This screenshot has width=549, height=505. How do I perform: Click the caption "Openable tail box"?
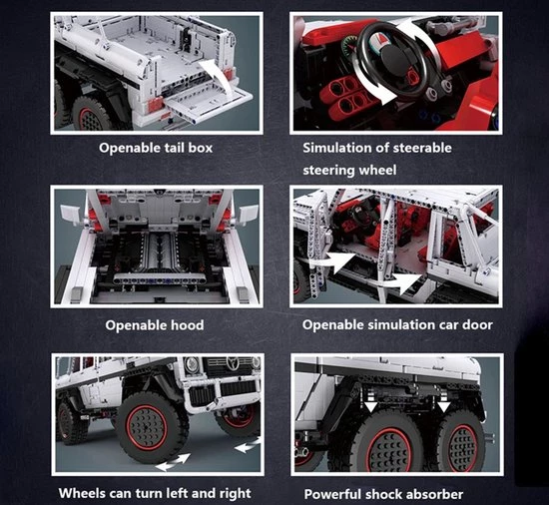pos(156,148)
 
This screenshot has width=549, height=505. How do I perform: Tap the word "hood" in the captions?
pos(187,325)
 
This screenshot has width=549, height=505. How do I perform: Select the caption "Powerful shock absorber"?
pos(383,494)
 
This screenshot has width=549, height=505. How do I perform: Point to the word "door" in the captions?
pos(477,324)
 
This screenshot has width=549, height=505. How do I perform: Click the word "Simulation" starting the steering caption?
pos(336,148)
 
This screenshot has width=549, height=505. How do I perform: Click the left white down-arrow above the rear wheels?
pos(370,406)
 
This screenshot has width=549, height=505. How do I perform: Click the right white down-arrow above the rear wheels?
pos(444,406)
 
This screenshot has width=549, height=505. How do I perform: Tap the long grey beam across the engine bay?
pos(161,278)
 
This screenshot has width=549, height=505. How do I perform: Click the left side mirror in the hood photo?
pos(72,213)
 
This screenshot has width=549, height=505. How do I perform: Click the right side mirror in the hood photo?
pos(248,214)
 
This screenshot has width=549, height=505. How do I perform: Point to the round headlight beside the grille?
pos(192,364)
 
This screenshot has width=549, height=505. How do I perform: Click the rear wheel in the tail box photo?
pos(90,114)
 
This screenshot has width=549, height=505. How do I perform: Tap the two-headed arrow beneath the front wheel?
pos(173,461)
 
